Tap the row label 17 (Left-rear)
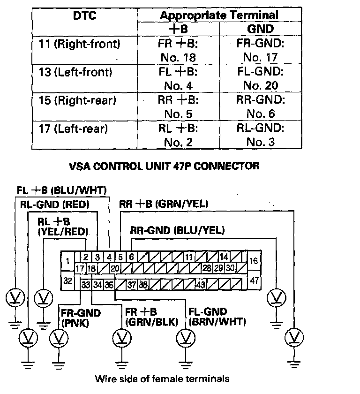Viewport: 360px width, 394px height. pyautogui.click(x=74, y=128)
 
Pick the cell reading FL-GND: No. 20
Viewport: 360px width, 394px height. pyautogui.click(x=261, y=79)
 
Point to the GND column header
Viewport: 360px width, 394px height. pyautogui.click(x=260, y=29)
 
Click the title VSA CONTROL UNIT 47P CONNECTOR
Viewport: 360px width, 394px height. pyautogui.click(x=164, y=166)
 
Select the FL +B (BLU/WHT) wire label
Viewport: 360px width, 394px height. pyautogui.click(x=62, y=190)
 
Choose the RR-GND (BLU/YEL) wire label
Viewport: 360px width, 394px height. pyautogui.click(x=177, y=230)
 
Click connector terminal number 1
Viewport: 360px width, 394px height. pyautogui.click(x=68, y=261)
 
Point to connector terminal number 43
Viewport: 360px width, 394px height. pyautogui.click(x=201, y=284)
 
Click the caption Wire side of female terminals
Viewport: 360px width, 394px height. pyautogui.click(x=163, y=378)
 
